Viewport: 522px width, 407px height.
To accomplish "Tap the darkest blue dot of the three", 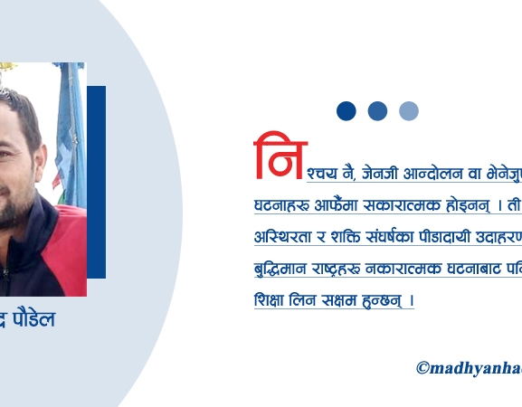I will coord(346,111).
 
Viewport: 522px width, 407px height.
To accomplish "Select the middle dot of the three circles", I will coord(377,111).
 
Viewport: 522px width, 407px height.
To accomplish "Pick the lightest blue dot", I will coord(409,111).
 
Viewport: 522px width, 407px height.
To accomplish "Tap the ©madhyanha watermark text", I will coord(469,367).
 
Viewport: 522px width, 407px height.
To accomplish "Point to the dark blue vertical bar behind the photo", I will coord(96,181).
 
